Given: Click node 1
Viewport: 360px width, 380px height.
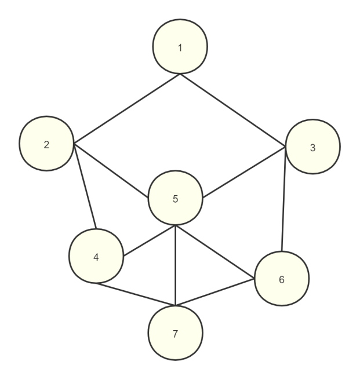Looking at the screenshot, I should point(180,47).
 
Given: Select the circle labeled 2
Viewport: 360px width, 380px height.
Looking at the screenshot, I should point(46,144).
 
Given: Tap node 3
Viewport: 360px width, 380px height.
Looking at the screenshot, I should point(313,147).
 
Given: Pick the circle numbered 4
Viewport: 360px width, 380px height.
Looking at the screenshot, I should point(96,256).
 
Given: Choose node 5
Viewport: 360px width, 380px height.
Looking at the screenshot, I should point(175,199).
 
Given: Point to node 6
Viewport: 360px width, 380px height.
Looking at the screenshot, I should point(282,279).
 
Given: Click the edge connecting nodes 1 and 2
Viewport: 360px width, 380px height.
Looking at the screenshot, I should point(127,108).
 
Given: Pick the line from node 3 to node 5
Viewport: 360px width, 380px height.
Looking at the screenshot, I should point(243,171).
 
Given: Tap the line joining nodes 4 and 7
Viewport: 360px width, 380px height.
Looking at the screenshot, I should point(136,294).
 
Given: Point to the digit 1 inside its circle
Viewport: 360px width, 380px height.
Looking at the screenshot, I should point(180,47).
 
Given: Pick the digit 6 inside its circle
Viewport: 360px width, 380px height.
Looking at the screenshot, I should point(282,279).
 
